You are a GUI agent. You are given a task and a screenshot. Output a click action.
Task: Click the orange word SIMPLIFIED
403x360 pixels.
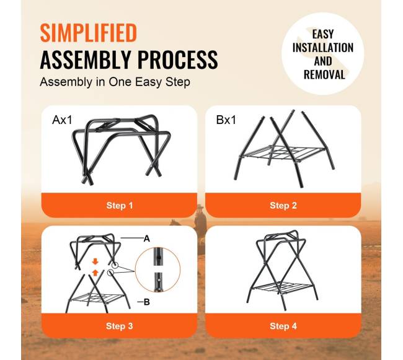[x=89, y=33]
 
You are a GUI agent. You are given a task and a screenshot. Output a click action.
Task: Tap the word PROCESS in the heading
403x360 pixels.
[x=177, y=59]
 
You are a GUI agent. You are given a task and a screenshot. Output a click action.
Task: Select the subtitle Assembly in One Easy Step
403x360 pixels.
[x=115, y=82]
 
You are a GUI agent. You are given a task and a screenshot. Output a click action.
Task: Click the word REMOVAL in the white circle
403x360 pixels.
[x=324, y=75]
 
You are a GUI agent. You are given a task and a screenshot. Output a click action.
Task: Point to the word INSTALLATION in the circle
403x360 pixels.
[x=323, y=48]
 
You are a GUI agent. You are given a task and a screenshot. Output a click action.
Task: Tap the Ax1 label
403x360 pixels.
[x=62, y=120]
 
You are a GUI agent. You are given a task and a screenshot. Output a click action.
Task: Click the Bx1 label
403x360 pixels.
[x=226, y=120]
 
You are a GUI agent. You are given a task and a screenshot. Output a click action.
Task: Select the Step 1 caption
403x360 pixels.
[x=120, y=206]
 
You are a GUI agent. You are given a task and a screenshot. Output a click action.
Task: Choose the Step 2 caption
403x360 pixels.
[x=283, y=206]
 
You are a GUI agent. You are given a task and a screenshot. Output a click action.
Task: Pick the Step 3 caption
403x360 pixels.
[x=120, y=326]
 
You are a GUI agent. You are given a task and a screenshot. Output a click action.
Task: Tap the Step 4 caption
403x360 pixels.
[x=283, y=326]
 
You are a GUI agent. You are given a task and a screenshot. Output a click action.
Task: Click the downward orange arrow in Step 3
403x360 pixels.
[x=95, y=261]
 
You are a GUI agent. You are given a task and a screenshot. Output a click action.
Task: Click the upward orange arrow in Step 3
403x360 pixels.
[x=95, y=273]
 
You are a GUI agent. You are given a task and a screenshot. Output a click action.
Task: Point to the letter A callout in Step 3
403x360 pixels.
[x=146, y=239]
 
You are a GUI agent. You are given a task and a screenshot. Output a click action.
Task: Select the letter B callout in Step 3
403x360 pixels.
[x=147, y=302]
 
